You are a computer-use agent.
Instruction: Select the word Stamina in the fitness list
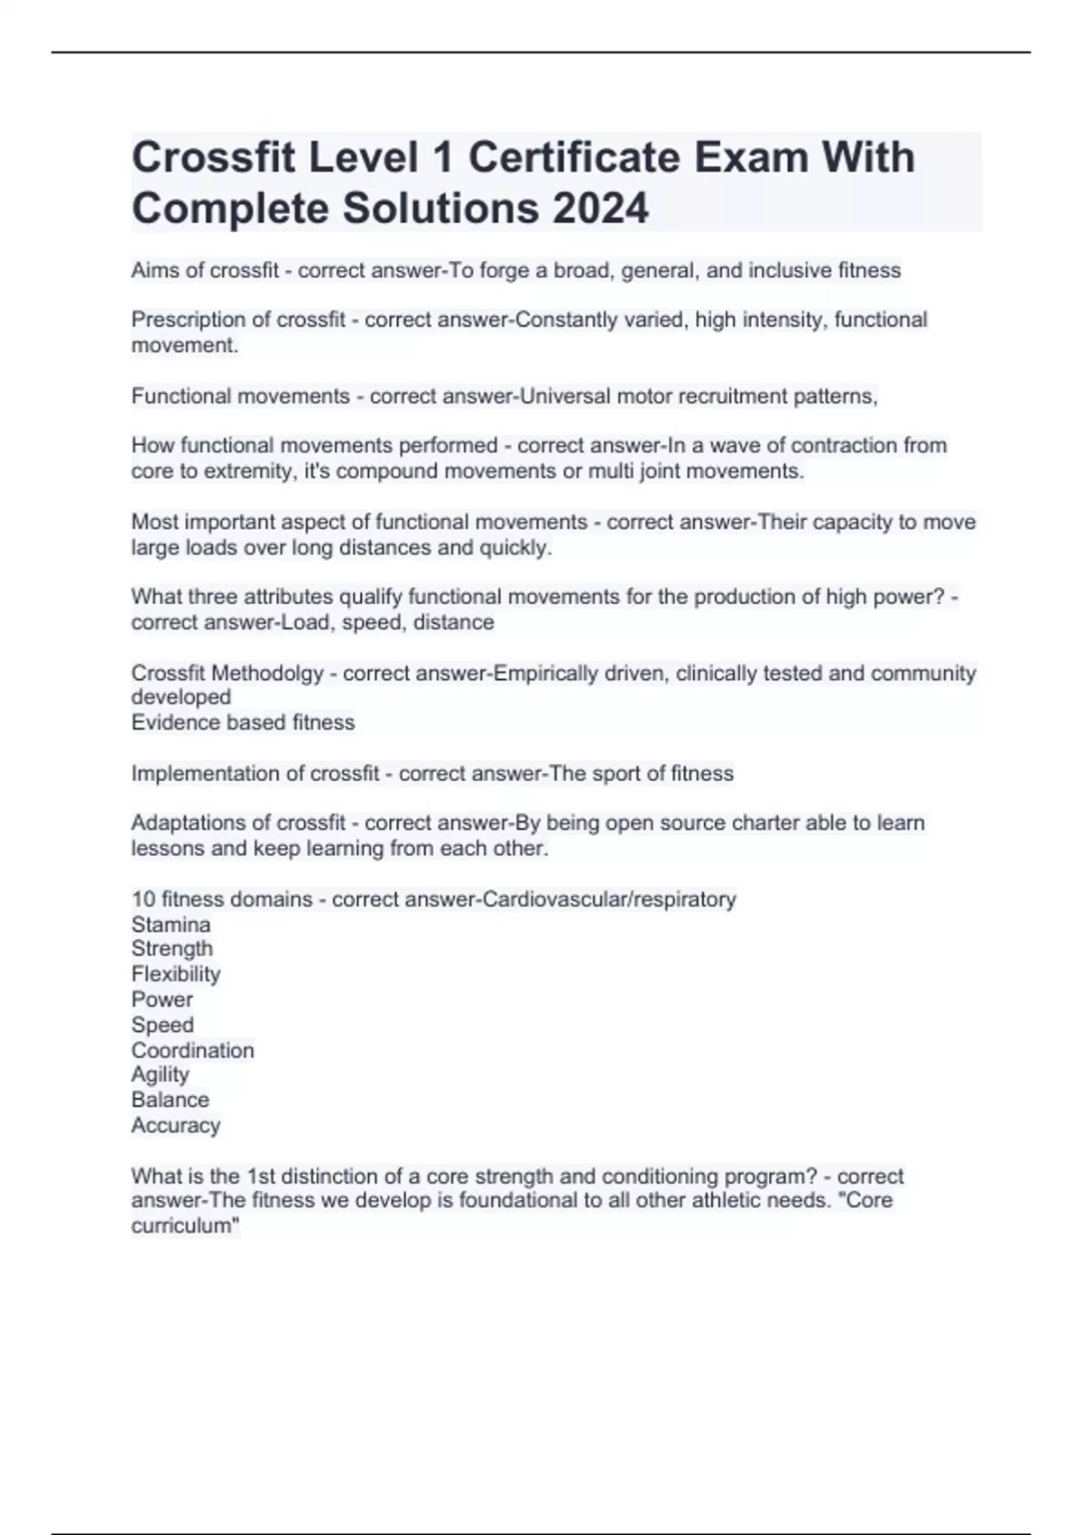(171, 925)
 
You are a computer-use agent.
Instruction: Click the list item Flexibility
(175, 974)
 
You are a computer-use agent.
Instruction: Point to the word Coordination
(192, 1050)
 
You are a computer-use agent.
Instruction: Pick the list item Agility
(160, 1074)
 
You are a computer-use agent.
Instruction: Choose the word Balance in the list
(170, 1100)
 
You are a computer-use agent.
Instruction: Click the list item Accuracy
(175, 1125)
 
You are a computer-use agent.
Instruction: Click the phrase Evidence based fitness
(243, 722)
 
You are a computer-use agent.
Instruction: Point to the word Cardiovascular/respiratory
(610, 899)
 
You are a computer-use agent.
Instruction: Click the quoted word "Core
(865, 1201)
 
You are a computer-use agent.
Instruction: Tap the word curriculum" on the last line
(185, 1226)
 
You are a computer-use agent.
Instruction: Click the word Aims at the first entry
(154, 271)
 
